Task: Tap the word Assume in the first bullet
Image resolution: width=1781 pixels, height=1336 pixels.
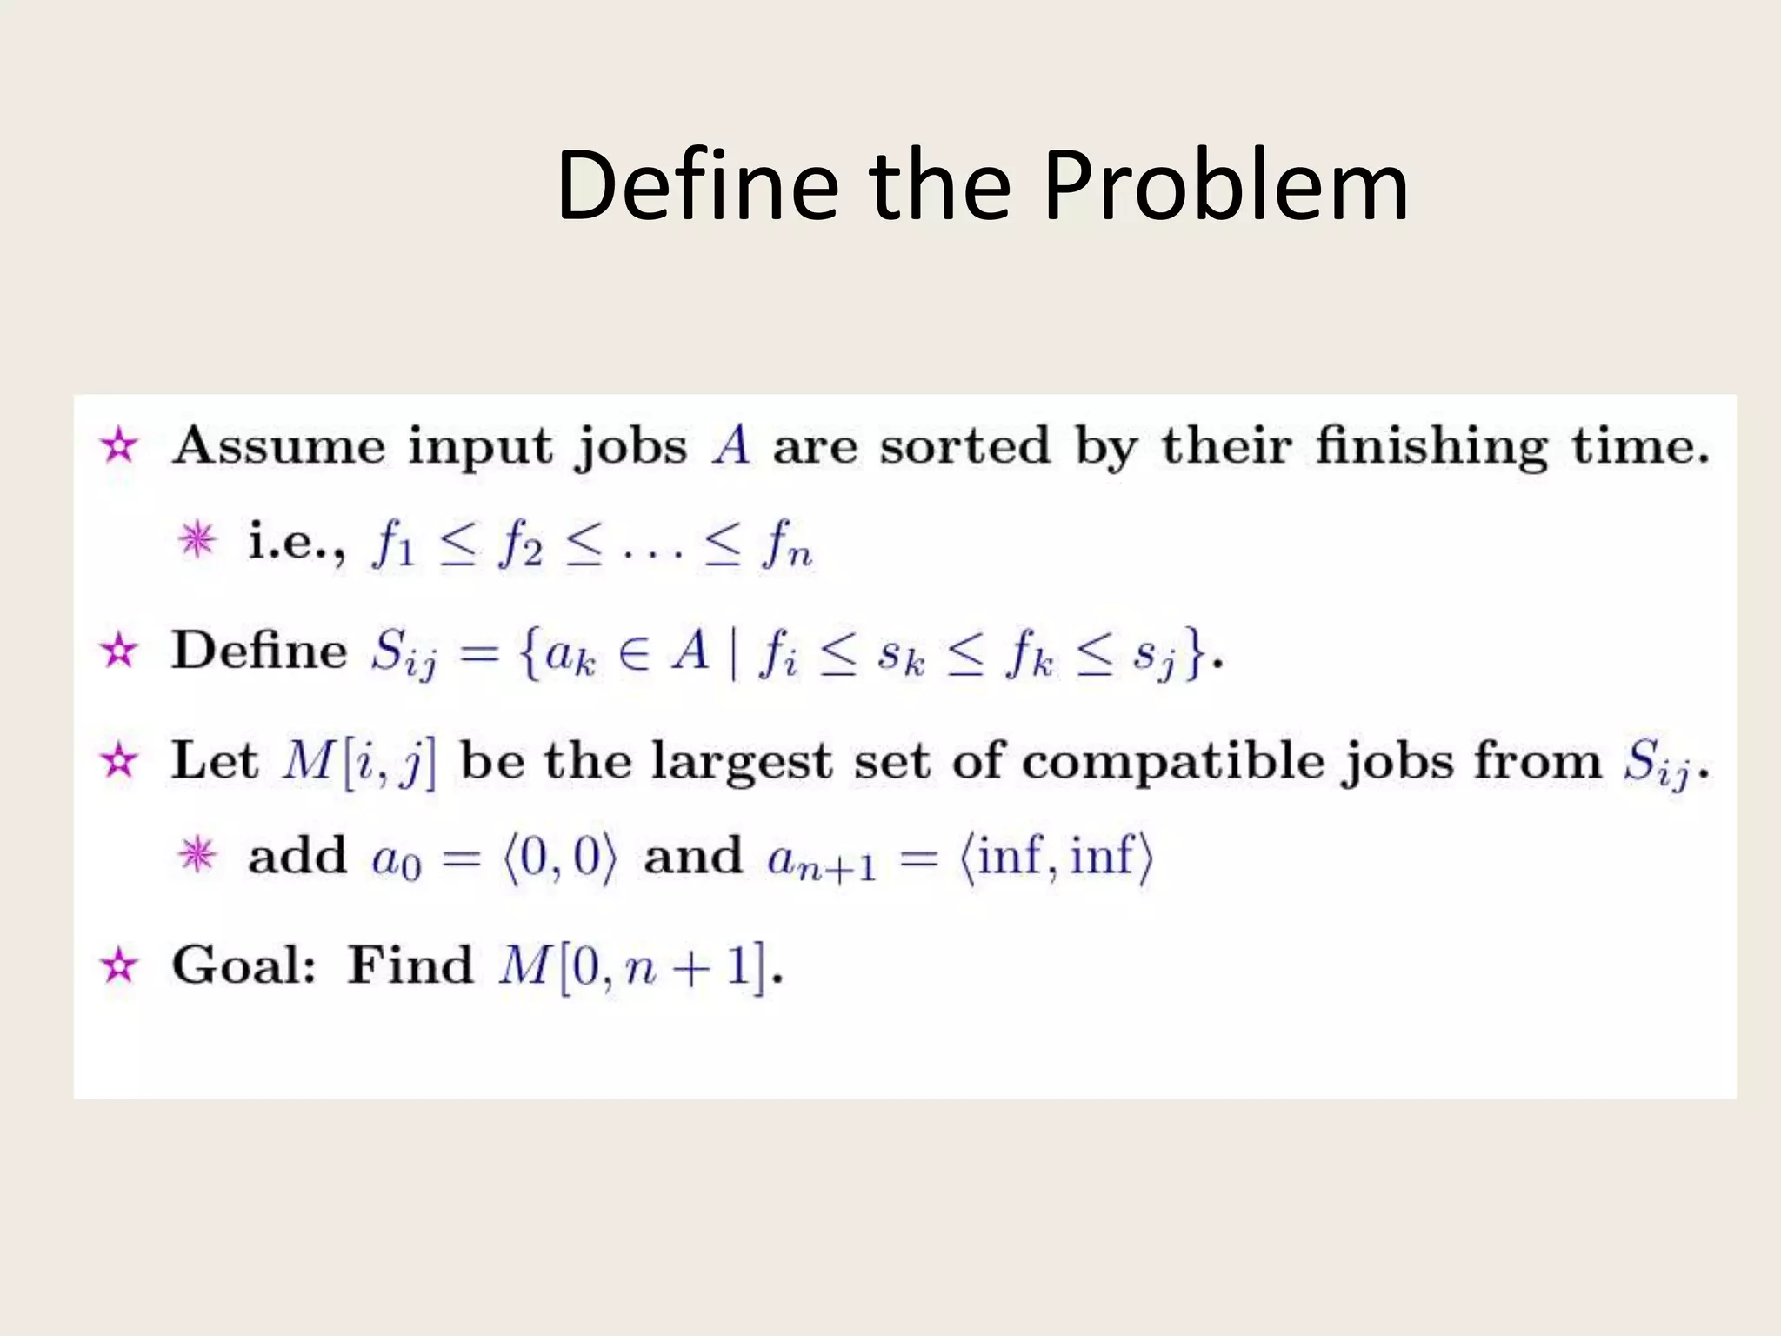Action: [x=278, y=446]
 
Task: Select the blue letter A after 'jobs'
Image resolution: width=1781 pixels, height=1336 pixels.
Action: [x=730, y=446]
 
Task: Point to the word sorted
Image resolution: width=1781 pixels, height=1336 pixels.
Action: [x=965, y=446]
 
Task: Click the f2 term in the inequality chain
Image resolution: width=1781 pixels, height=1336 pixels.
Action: [x=521, y=545]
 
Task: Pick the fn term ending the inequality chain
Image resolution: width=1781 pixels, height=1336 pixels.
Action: [x=786, y=545]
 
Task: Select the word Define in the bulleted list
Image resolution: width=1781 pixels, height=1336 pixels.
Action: [x=259, y=651]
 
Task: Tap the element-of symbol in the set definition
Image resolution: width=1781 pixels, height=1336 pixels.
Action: [x=635, y=652]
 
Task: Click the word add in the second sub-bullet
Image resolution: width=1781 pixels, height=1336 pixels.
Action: [x=297, y=856]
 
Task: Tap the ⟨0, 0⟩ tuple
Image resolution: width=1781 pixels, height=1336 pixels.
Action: [x=560, y=858]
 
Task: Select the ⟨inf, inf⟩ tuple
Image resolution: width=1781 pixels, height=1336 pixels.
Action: [x=1056, y=858]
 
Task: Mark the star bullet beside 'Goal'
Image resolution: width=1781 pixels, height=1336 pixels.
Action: [x=119, y=966]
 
